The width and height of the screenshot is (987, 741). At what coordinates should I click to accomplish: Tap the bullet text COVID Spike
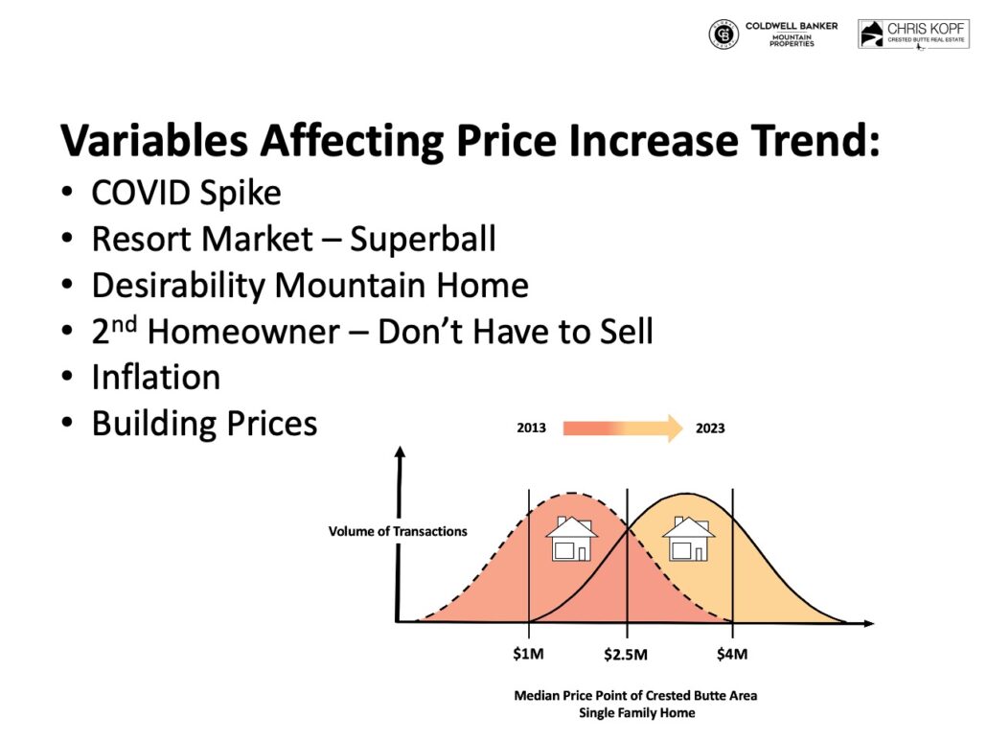coord(186,194)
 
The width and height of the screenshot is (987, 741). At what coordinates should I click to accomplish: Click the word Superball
coord(423,239)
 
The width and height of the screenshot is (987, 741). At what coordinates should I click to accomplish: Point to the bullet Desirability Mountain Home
coord(310,286)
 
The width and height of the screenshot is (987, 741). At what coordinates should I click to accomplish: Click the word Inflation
coord(155,377)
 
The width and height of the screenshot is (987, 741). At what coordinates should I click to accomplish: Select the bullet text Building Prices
coord(204,423)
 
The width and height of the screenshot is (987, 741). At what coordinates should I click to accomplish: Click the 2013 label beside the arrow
coord(531,428)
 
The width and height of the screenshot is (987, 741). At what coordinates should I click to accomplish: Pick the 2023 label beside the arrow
coord(710,428)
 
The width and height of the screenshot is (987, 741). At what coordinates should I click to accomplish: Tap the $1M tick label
coord(528,654)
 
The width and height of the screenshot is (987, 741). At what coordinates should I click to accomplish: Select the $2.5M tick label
coord(626,655)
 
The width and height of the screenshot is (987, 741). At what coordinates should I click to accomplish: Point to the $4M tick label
coord(732,654)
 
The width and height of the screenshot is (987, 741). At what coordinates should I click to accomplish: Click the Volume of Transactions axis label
coord(398,531)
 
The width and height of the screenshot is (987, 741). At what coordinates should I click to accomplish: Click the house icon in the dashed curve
coord(572,539)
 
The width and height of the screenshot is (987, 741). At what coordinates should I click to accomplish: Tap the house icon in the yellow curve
coord(688,539)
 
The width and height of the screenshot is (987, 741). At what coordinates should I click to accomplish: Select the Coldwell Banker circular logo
coord(723,35)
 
